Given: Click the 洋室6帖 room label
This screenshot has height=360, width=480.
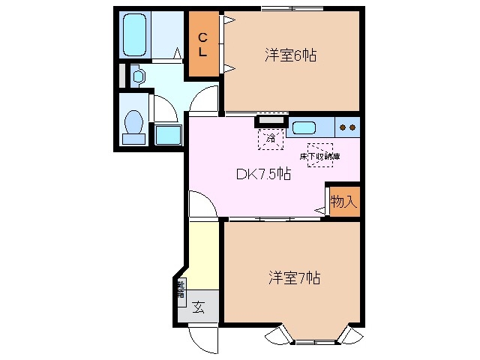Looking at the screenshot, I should click(x=289, y=55).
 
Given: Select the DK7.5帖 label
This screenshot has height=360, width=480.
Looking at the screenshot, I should click(x=264, y=174).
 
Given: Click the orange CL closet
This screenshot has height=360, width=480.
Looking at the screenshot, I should click(x=203, y=45).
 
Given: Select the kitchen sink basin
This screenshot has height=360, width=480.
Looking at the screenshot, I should click(x=305, y=127).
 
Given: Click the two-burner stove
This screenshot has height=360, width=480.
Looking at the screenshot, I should click(x=346, y=127).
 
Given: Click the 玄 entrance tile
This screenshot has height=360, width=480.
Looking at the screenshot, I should click(x=198, y=306).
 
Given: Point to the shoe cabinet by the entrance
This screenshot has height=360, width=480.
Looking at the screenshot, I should click(x=181, y=289).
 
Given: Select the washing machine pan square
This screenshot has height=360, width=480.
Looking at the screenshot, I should click(x=168, y=136).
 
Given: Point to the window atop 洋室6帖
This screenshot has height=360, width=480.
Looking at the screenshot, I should click(x=292, y=8).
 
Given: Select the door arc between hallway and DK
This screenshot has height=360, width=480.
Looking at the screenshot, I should click(x=201, y=204).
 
